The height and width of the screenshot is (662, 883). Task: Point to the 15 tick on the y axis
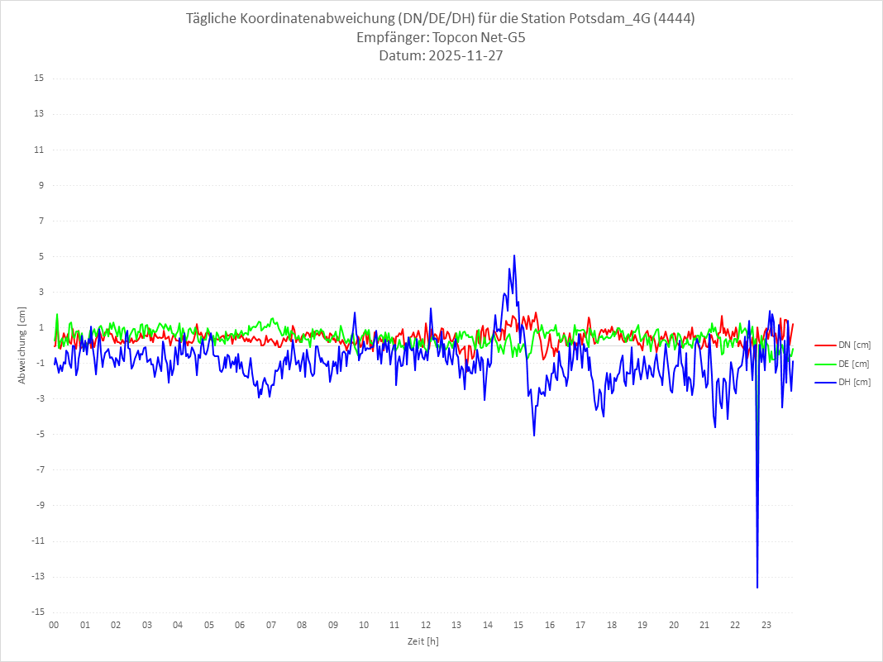[x=39, y=79]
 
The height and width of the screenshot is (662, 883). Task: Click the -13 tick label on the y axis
[x=37, y=577]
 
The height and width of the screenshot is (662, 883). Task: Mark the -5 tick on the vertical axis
[x=39, y=434]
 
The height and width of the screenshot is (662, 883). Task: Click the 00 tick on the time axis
[x=54, y=625]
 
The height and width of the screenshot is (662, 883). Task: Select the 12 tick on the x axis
[x=426, y=625]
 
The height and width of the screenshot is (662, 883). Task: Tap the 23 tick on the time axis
[x=766, y=625]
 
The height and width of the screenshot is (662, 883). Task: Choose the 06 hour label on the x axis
[x=240, y=625]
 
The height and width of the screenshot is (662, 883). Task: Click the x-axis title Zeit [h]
[x=423, y=641]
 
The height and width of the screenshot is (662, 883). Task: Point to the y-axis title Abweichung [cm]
[x=22, y=345]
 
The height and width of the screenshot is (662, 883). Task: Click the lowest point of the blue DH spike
[x=757, y=587]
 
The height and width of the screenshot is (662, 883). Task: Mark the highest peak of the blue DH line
[x=514, y=255]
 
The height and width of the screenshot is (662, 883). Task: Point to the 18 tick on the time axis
[x=612, y=625]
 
